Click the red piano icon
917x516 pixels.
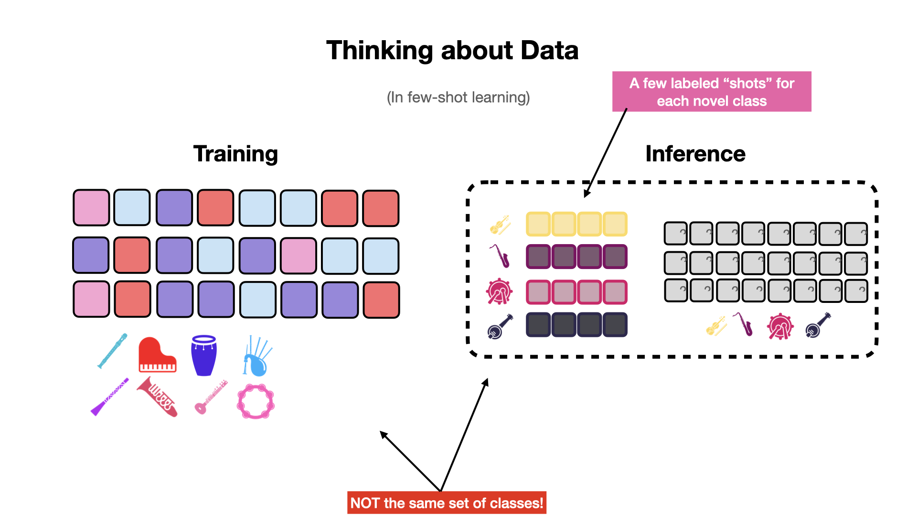click(157, 355)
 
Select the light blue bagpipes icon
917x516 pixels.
click(257, 356)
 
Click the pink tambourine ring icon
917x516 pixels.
click(256, 402)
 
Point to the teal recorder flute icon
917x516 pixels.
click(113, 351)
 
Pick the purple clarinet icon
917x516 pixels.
click(110, 397)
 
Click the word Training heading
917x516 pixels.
click(235, 154)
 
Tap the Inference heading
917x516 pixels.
click(695, 154)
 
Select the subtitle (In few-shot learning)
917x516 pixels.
click(458, 97)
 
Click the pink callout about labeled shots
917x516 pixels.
click(712, 92)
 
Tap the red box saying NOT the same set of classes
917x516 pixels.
click(447, 503)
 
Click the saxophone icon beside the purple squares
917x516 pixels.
click(500, 257)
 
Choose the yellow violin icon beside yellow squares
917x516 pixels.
click(500, 225)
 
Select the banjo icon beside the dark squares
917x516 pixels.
click(500, 326)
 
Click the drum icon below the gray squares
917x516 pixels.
click(780, 326)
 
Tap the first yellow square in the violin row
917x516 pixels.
click(538, 224)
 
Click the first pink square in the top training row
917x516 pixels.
click(91, 207)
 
